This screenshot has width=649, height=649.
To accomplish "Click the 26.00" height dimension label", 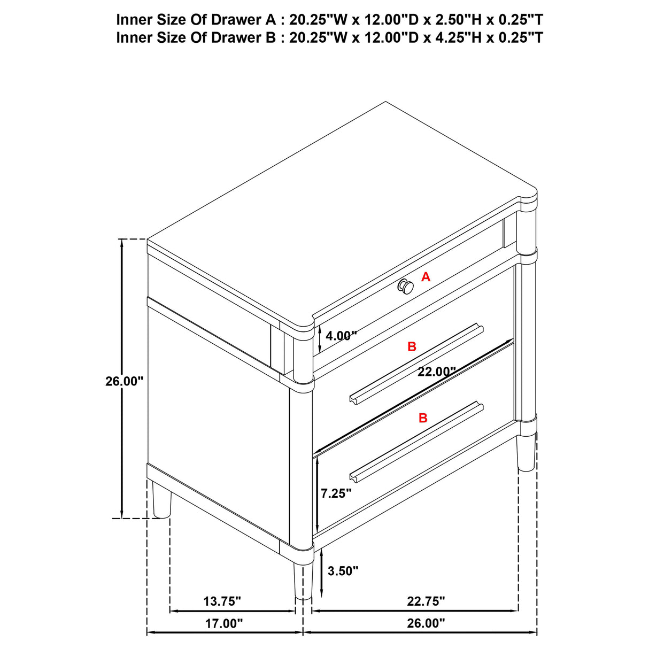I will tap(125, 381).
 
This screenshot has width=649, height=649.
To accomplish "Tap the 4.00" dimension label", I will tap(341, 336).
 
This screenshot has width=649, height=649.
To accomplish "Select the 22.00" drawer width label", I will tap(436, 372).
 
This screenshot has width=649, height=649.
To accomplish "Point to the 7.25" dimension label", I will tap(336, 493).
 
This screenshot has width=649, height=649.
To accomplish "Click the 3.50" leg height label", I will tap(343, 571).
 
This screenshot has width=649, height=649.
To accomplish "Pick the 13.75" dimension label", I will tap(222, 601).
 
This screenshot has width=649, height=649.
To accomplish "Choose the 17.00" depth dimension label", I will tap(224, 623).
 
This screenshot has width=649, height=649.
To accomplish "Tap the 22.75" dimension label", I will tap(426, 601).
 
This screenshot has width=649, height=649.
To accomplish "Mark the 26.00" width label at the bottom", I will tap(426, 623).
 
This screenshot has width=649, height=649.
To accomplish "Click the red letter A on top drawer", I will tap(426, 277).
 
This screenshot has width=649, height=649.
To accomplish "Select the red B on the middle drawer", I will tap(412, 347).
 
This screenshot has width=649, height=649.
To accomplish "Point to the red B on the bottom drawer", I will tap(423, 418).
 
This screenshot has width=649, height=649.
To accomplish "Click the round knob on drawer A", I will tap(406, 287).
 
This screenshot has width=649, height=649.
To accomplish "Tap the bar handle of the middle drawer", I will tap(416, 364).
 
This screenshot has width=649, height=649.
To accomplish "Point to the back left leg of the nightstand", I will tap(161, 500).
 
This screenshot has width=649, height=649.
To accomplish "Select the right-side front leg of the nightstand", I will tap(527, 453).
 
